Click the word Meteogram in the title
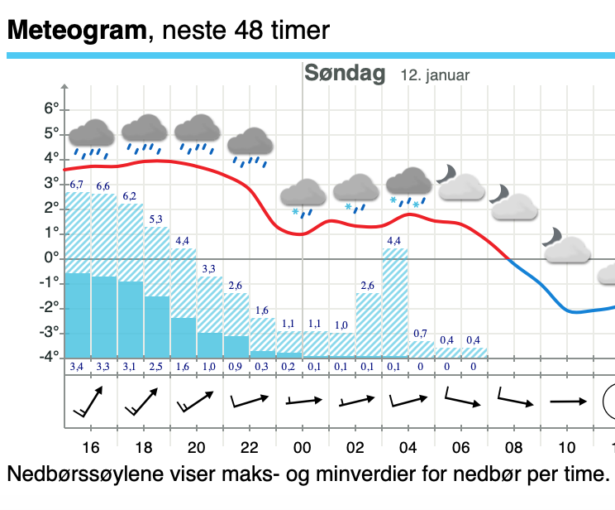(76, 31)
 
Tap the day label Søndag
(345, 74)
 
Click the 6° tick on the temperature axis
(53, 109)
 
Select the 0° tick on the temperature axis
(53, 258)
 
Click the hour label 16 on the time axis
(91, 448)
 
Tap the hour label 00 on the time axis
(303, 448)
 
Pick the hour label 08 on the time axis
(514, 448)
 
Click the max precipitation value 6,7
(77, 184)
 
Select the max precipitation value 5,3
(156, 219)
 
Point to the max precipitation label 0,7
(421, 334)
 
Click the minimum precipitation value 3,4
(77, 366)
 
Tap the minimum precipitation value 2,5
(156, 366)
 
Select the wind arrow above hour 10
(567, 402)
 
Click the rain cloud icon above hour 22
(250, 147)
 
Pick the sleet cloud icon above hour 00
(303, 196)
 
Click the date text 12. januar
(435, 75)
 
